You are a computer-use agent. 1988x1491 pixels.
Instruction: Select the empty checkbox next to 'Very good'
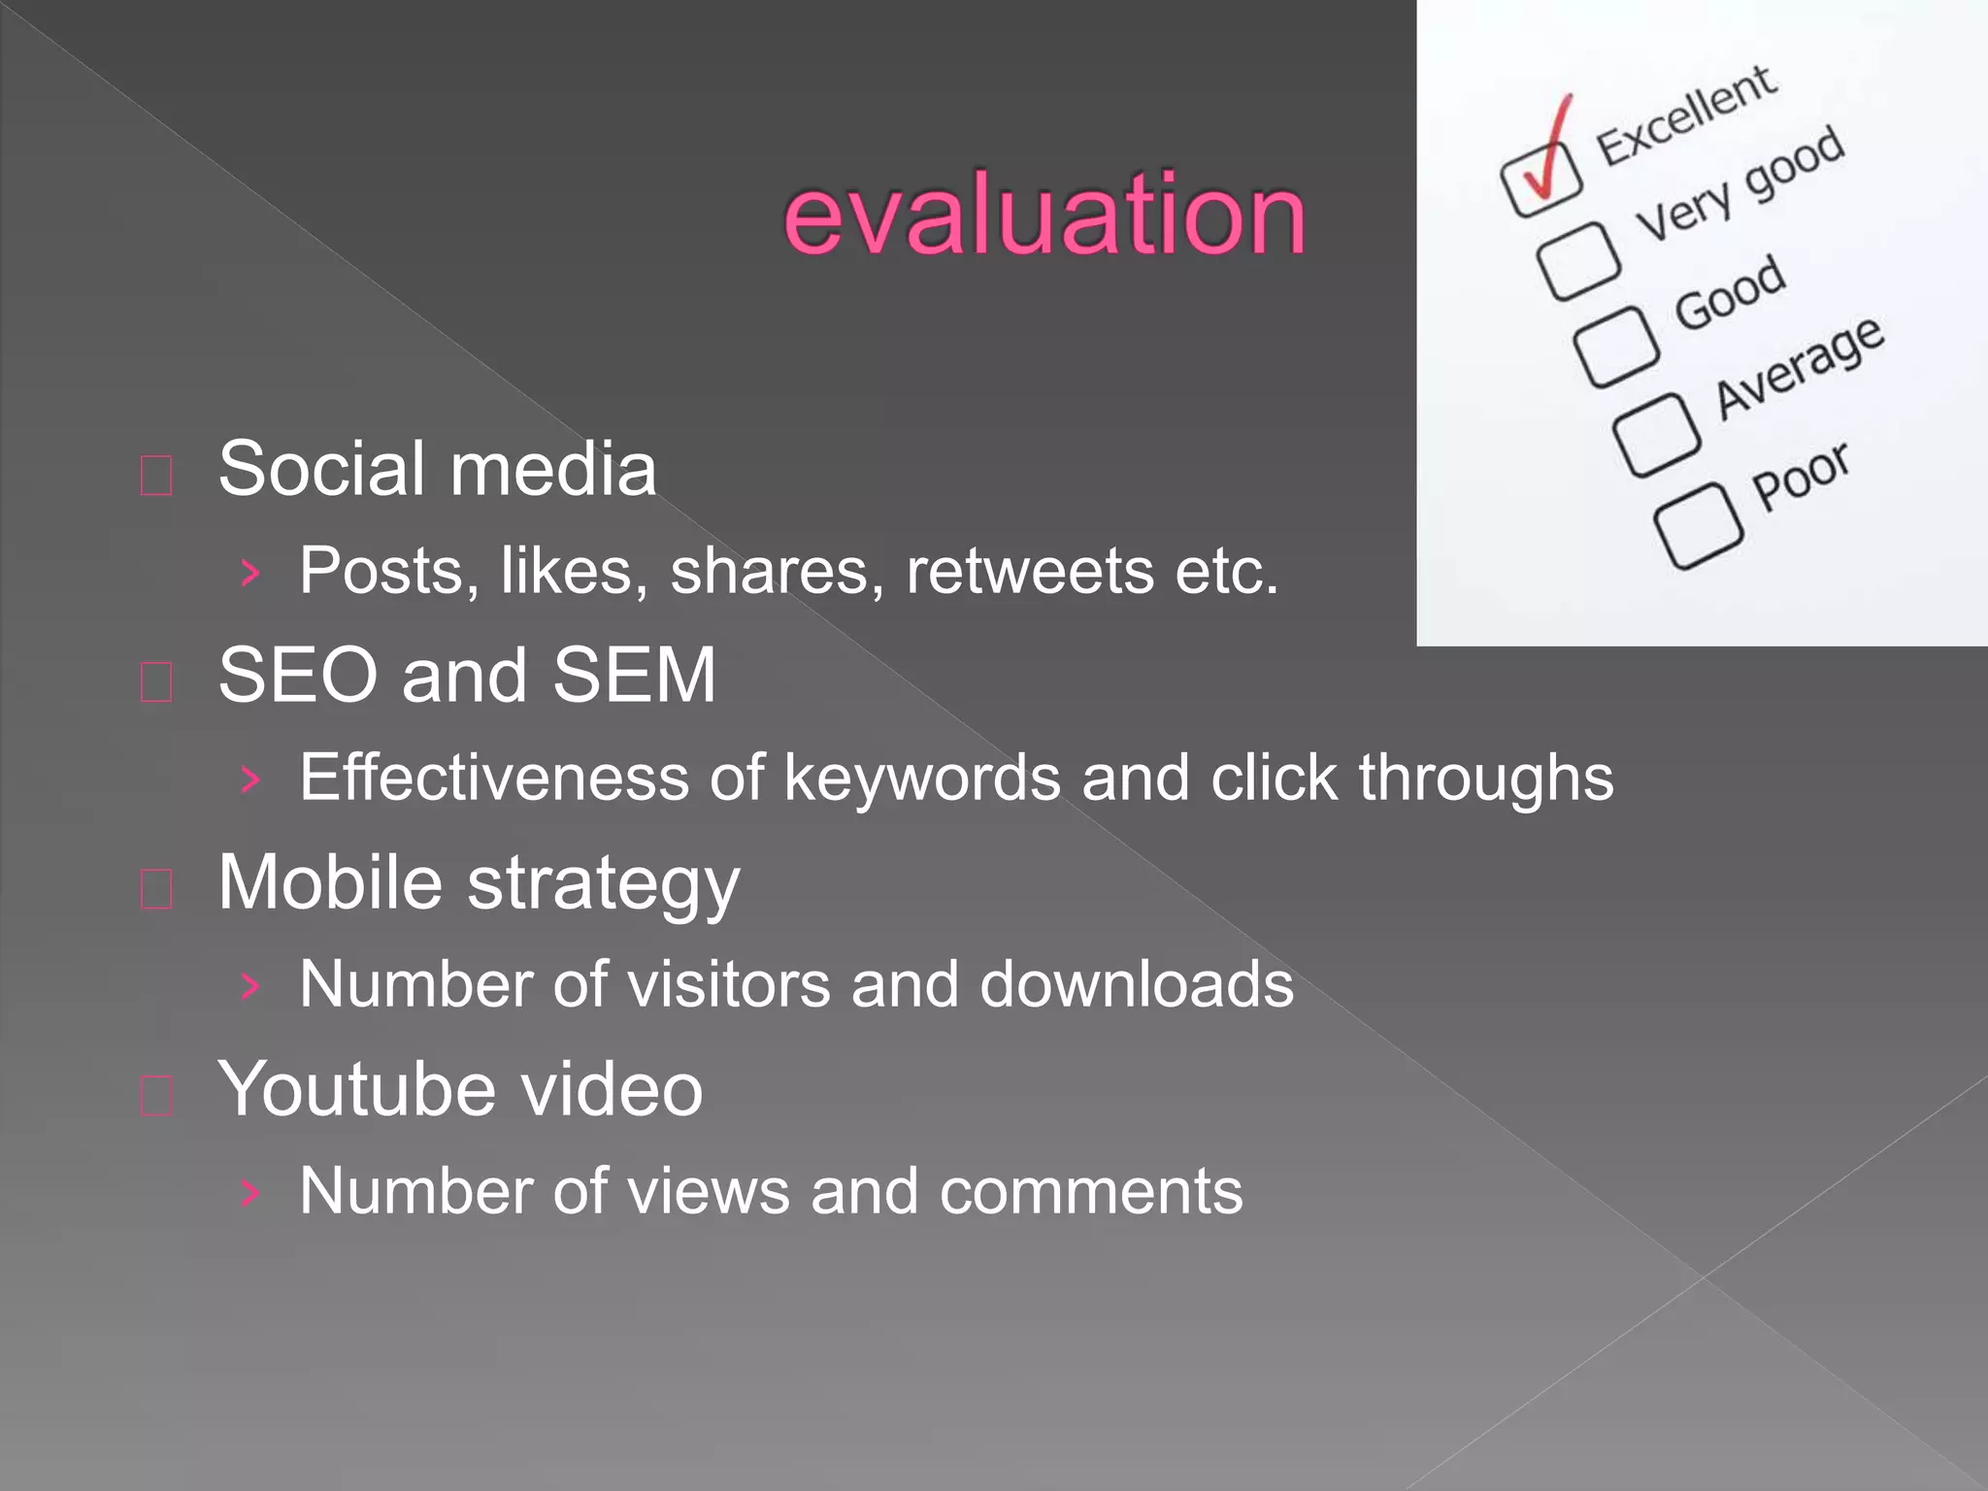point(1578,260)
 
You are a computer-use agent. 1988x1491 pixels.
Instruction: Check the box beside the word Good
point(1615,346)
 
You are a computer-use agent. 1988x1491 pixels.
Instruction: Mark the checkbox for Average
point(1656,434)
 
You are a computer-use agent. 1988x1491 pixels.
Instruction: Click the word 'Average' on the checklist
point(1799,367)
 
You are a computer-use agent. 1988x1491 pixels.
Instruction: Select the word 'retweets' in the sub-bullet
point(1029,571)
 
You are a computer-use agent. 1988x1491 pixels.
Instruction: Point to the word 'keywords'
point(921,779)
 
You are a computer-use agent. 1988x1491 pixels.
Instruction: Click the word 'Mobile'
point(330,882)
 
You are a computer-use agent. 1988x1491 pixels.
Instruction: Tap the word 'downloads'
point(1136,984)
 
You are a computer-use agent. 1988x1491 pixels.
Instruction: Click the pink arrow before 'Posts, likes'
point(250,573)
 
